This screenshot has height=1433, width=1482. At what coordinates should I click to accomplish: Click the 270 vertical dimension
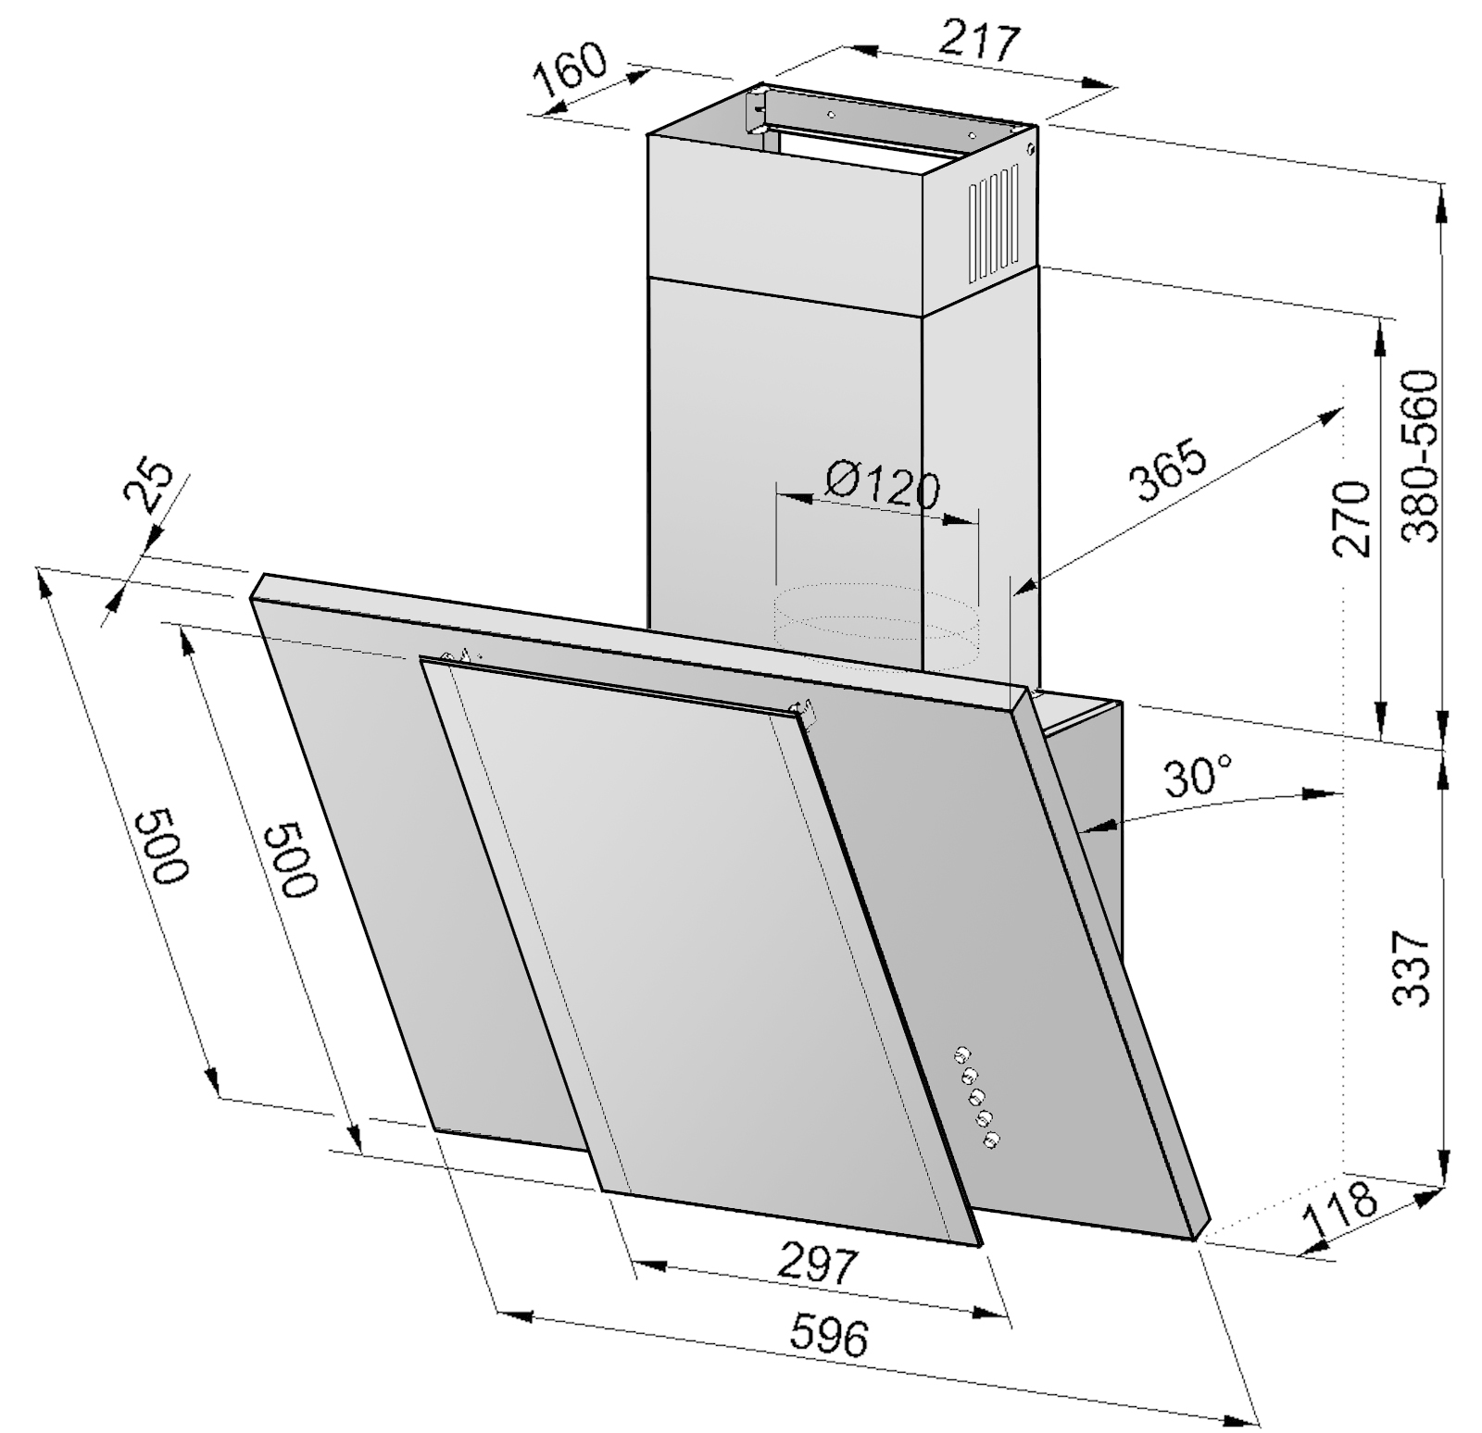point(1351,518)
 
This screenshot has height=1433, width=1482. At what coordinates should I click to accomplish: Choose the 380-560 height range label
point(1420,456)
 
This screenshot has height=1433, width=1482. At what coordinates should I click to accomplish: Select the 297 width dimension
point(820,1263)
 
